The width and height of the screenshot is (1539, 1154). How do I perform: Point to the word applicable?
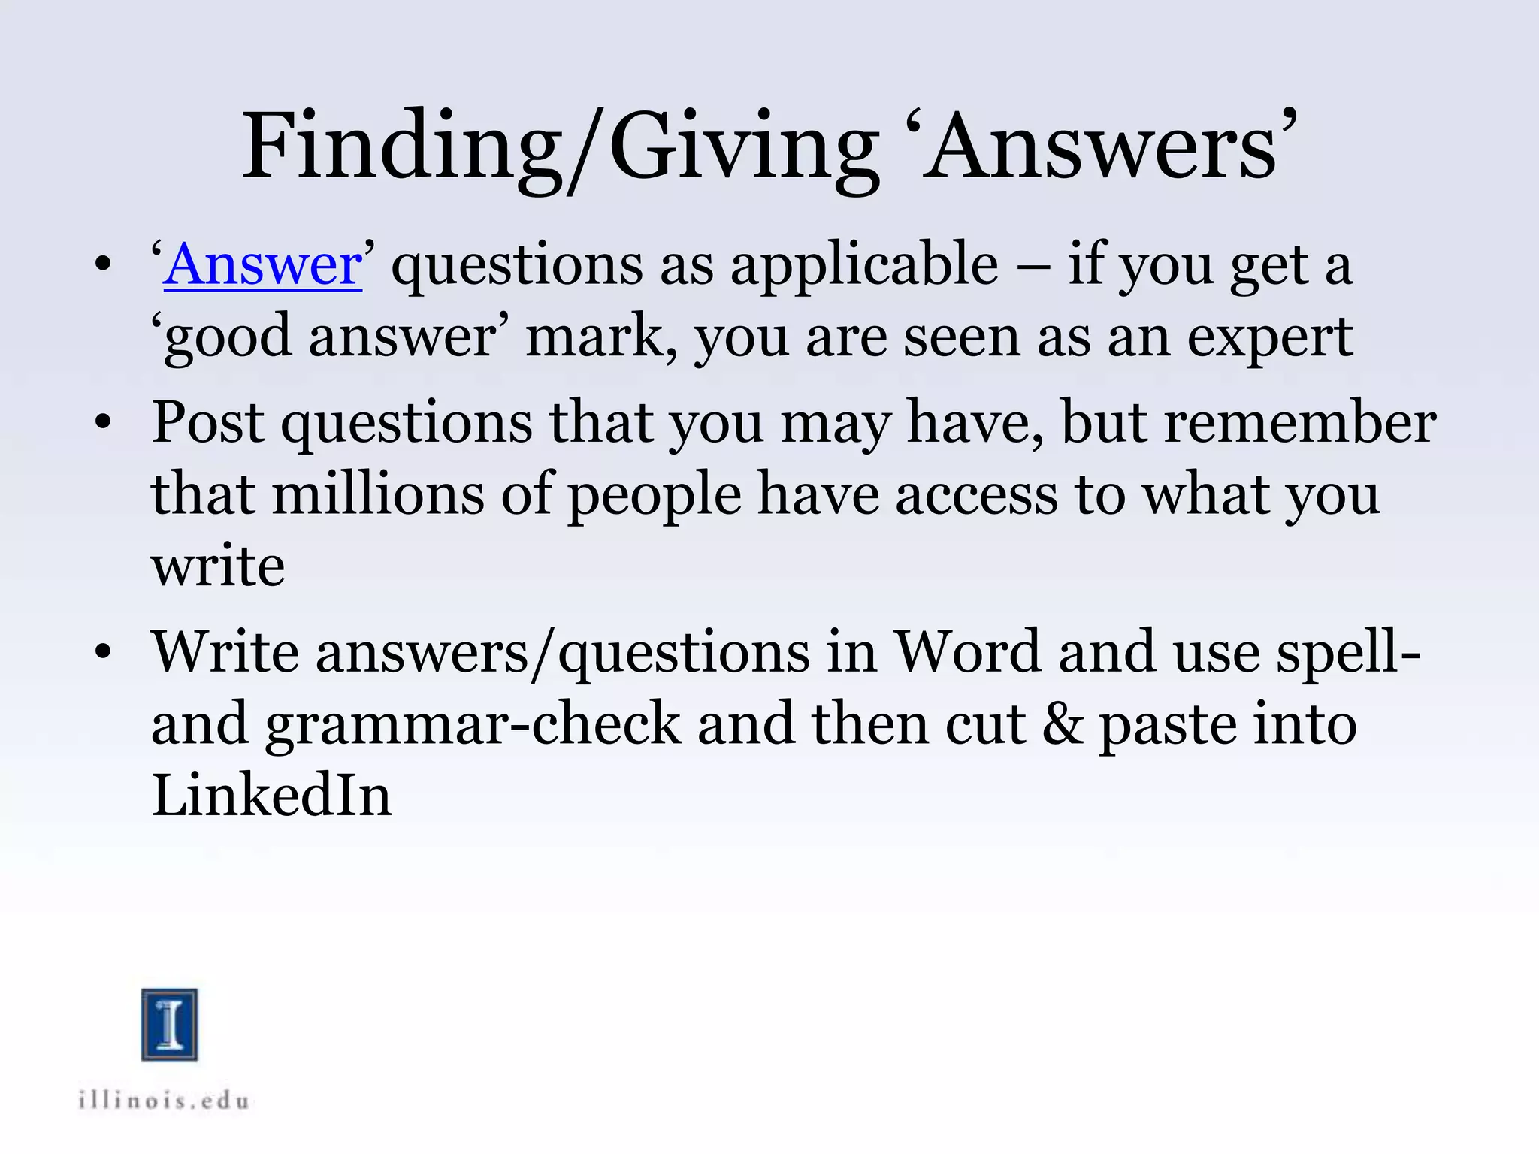(x=864, y=266)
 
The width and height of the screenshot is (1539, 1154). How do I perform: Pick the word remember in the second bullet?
(x=1300, y=422)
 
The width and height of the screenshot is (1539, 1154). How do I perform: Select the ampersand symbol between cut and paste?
(x=1063, y=724)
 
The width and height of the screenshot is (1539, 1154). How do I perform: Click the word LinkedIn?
(x=271, y=795)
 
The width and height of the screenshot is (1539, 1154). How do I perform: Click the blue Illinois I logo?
(x=170, y=1025)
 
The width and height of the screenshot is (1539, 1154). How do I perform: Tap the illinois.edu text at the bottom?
(x=164, y=1101)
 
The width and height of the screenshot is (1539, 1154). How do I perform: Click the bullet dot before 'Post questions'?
(x=103, y=423)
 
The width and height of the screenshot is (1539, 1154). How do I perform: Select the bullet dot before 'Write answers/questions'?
(x=103, y=652)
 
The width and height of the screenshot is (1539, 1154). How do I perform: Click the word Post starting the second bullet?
(x=207, y=422)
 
